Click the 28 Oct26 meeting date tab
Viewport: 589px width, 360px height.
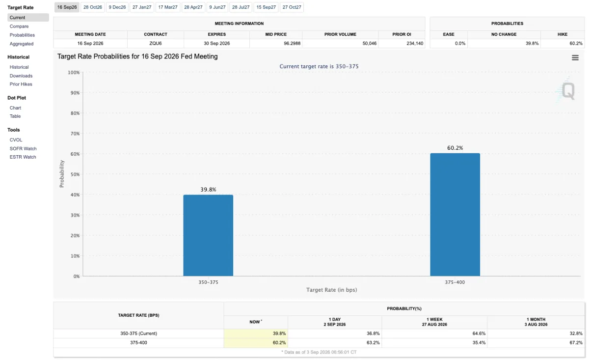pyautogui.click(x=93, y=7)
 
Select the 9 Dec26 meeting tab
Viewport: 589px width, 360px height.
pyautogui.click(x=117, y=7)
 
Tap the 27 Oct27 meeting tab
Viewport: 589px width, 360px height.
pyautogui.click(x=292, y=7)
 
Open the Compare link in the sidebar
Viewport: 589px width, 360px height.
pyautogui.click(x=19, y=27)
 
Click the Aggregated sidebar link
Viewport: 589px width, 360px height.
pyautogui.click(x=22, y=44)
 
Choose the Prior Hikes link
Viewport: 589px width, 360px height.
pyautogui.click(x=21, y=84)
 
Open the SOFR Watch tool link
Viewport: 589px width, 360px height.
pyautogui.click(x=23, y=149)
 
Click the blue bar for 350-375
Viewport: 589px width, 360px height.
pyautogui.click(x=208, y=235)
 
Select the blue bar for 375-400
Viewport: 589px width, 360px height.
pyautogui.click(x=455, y=215)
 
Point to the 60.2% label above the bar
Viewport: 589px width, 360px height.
pyautogui.click(x=455, y=148)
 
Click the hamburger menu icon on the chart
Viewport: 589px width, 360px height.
pyautogui.click(x=575, y=57)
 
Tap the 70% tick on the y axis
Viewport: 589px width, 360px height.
pyautogui.click(x=75, y=134)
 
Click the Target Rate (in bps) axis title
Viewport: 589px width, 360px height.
pyautogui.click(x=332, y=290)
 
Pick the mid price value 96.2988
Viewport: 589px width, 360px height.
pyautogui.click(x=292, y=43)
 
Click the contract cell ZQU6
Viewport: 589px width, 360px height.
pyautogui.click(x=156, y=43)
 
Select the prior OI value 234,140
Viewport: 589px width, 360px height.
pyautogui.click(x=415, y=43)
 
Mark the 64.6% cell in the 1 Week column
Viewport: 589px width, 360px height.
pyautogui.click(x=479, y=333)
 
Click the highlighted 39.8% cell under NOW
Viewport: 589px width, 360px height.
pyautogui.click(x=256, y=333)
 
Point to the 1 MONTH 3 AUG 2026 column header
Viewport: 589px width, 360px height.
pyautogui.click(x=536, y=322)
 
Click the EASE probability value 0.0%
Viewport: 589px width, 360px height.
pyautogui.click(x=460, y=43)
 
